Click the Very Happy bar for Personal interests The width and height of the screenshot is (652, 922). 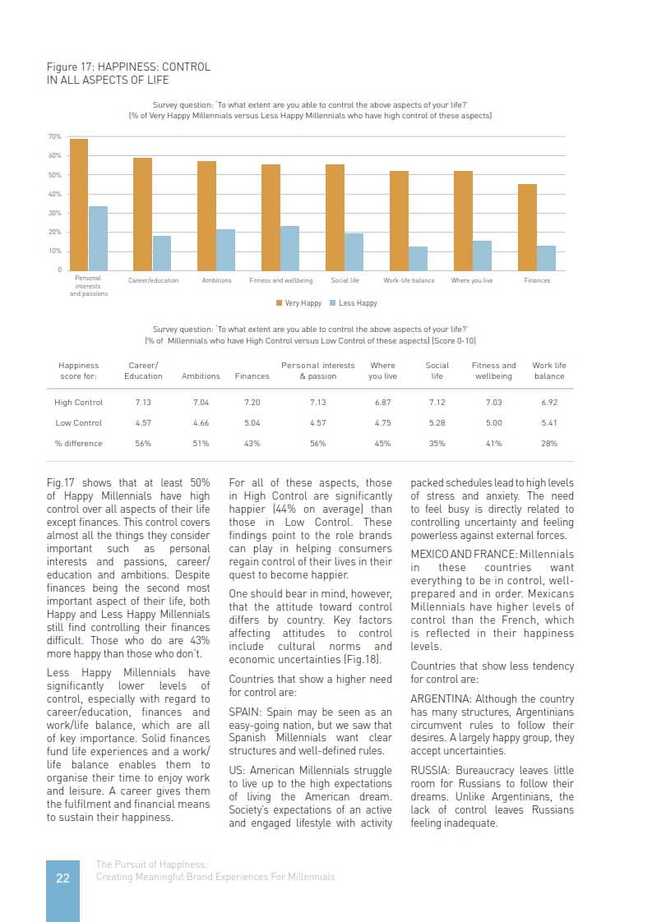79,205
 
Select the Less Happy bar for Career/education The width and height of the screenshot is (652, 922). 162,253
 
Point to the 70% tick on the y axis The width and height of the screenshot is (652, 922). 55,136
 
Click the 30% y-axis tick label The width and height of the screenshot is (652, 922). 55,213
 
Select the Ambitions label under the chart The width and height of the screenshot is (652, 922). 216,281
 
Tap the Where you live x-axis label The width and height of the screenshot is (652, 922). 472,281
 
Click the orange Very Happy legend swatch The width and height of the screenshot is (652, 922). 280,303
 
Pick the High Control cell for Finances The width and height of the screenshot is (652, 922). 252,403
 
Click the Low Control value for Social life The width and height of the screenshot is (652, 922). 437,423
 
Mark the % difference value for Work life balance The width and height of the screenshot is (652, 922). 549,444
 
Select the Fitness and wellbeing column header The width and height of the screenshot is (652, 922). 493,371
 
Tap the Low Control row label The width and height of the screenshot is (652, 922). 79,423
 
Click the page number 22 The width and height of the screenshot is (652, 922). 62,878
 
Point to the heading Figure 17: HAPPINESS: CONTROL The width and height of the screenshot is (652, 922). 128,67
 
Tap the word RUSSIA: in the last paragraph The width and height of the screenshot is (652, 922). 432,770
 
